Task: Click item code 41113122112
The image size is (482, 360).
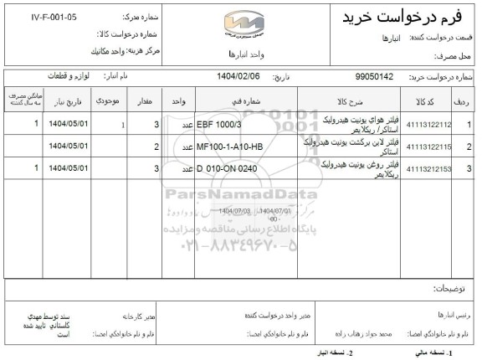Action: (430, 124)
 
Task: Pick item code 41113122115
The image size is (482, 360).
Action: (430, 147)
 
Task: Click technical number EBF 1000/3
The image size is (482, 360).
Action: (219, 124)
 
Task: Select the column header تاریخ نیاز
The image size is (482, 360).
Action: (64, 100)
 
